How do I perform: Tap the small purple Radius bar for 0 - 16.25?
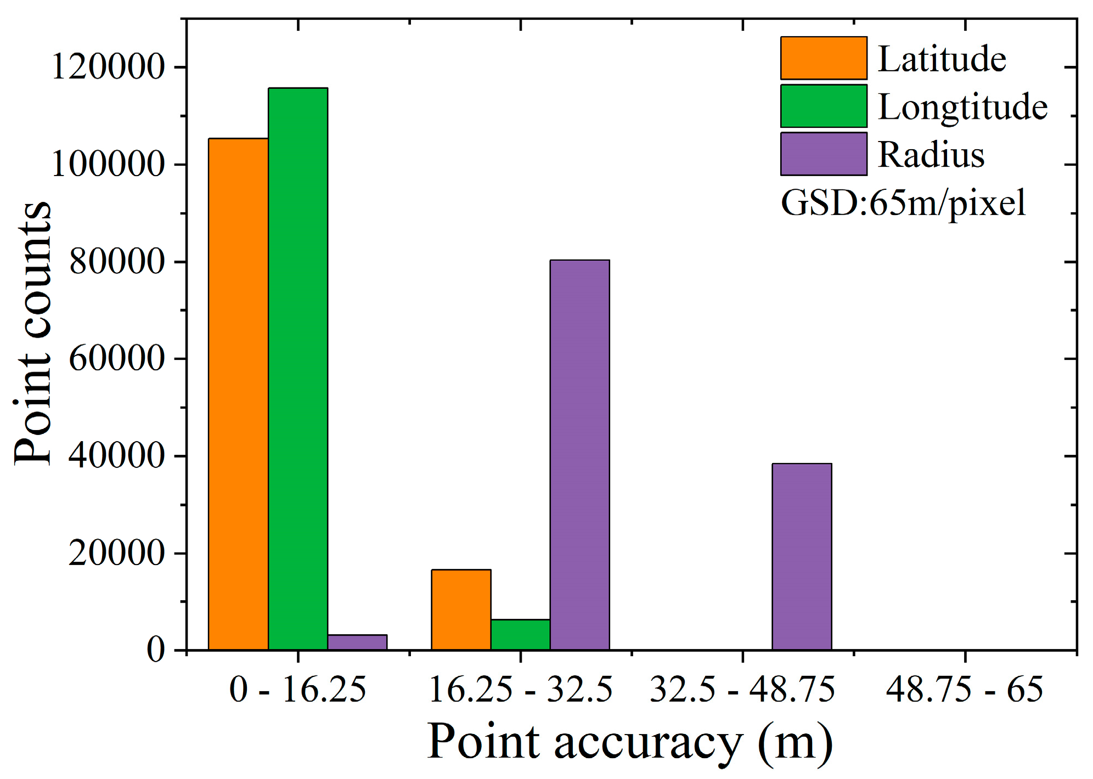[x=357, y=642]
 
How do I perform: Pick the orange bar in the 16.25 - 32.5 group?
[x=461, y=609]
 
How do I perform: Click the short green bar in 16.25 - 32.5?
[x=520, y=635]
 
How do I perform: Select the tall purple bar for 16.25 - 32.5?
[x=579, y=455]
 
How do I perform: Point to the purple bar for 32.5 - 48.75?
[x=802, y=556]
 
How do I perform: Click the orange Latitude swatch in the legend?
[x=823, y=58]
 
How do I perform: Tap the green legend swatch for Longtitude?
[x=823, y=106]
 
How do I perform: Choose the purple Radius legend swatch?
[x=823, y=154]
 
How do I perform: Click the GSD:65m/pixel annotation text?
[x=903, y=203]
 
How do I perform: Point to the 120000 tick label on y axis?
[x=108, y=67]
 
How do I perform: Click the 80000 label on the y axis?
[x=116, y=262]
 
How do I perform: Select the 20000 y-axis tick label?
[x=116, y=553]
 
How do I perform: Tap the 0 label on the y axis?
[x=155, y=650]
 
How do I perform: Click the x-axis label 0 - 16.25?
[x=297, y=690]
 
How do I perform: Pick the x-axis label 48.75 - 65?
[x=964, y=690]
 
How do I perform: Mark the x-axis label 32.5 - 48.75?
[x=742, y=690]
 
